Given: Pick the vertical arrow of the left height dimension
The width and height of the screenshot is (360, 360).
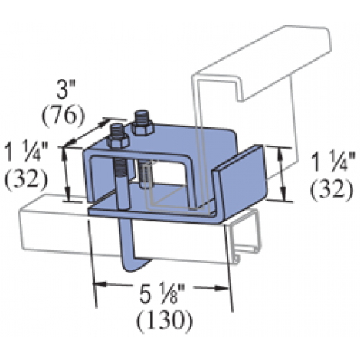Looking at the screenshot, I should (70, 172).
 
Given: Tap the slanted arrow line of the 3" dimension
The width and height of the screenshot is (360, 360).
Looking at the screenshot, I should (86, 131).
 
